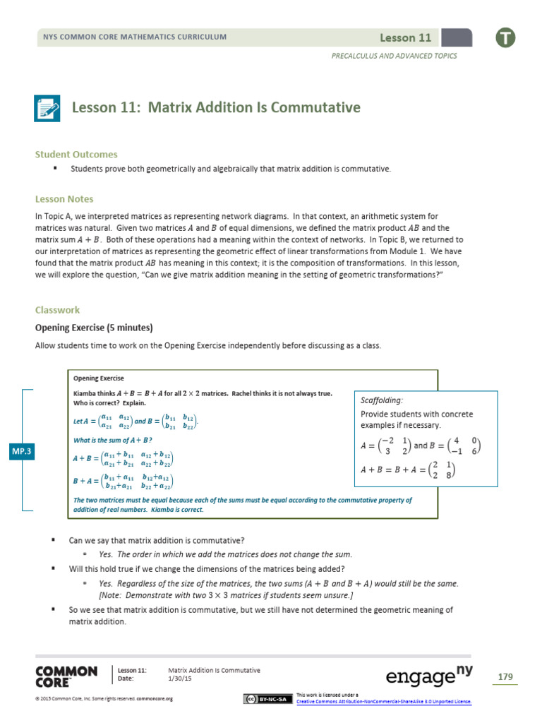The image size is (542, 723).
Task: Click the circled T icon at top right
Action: pyautogui.click(x=505, y=37)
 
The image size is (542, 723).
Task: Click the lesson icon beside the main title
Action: pyautogui.click(x=48, y=109)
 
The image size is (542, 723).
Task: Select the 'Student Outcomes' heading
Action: pyautogui.click(x=76, y=154)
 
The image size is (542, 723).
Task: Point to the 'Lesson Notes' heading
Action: pyautogui.click(x=64, y=199)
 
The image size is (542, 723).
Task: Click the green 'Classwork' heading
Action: pyautogui.click(x=58, y=309)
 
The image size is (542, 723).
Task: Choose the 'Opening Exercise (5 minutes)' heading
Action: pyautogui.click(x=94, y=328)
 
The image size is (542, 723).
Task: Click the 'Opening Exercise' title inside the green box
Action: pyautogui.click(x=96, y=379)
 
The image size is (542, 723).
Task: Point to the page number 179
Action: pyautogui.click(x=505, y=677)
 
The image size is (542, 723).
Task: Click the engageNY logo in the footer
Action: pyautogui.click(x=428, y=676)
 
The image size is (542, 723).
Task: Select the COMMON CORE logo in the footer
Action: pyautogui.click(x=66, y=676)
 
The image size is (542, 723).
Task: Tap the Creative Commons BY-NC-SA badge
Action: pyautogui.click(x=265, y=699)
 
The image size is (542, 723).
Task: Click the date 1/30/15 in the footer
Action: pyautogui.click(x=181, y=679)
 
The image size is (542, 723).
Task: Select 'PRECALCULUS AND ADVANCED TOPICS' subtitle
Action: pyautogui.click(x=394, y=56)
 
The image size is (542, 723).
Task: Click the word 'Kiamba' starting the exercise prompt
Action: pyautogui.click(x=84, y=393)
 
